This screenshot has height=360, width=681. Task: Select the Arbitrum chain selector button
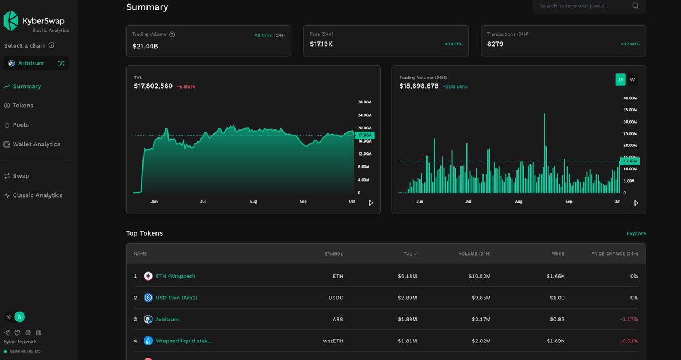(x=36, y=63)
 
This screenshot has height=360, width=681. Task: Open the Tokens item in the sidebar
(x=23, y=106)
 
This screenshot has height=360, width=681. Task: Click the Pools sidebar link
(x=20, y=125)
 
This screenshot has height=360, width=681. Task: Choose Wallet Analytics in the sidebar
(x=36, y=144)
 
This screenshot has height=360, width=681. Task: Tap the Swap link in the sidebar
(x=20, y=176)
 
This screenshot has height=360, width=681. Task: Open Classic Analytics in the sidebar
(x=37, y=195)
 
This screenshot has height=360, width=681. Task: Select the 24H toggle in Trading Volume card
(x=280, y=35)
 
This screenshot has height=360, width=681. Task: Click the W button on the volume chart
(x=632, y=79)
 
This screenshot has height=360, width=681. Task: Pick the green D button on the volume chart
(x=621, y=79)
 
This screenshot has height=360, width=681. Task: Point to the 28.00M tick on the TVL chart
(x=364, y=102)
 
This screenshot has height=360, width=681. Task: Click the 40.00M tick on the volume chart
(x=629, y=98)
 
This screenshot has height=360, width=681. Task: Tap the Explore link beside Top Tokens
(x=636, y=233)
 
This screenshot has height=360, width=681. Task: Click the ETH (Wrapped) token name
(x=175, y=276)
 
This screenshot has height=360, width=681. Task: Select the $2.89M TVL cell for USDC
(x=407, y=298)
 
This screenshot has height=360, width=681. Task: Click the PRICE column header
(x=557, y=254)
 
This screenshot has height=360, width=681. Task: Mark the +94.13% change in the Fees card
(x=453, y=44)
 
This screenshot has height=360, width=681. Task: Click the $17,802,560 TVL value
(x=153, y=86)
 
